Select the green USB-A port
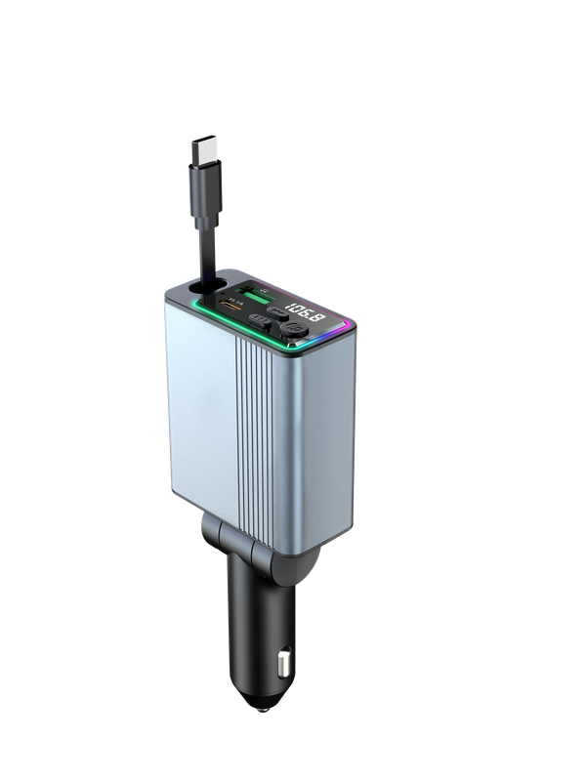click(x=252, y=294)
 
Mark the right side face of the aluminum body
click(x=322, y=430)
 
